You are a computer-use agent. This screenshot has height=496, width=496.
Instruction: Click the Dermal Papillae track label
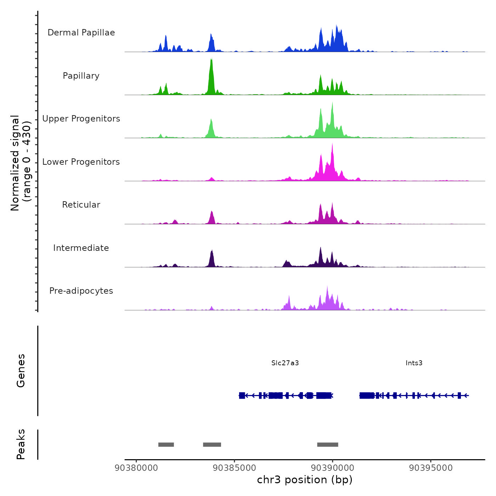[81, 33]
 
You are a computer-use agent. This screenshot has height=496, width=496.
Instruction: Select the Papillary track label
[81, 76]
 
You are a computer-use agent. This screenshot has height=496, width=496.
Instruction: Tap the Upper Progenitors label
[81, 119]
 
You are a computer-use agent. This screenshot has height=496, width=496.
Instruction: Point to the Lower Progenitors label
[81, 162]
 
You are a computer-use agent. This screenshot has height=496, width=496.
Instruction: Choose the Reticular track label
[81, 205]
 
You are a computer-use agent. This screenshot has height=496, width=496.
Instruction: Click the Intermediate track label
[81, 248]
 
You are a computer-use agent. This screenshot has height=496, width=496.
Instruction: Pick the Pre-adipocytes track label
[81, 291]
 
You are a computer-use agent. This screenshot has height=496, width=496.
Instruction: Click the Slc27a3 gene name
[285, 363]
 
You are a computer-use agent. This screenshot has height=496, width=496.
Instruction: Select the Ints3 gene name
[414, 363]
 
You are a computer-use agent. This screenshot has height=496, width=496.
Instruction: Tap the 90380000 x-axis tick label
[136, 468]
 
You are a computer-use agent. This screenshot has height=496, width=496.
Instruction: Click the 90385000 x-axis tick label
[235, 468]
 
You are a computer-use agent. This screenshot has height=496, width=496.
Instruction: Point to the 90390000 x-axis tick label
[333, 468]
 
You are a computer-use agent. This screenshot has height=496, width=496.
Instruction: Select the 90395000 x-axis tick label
[431, 468]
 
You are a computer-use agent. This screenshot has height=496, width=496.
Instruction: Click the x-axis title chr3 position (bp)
[305, 480]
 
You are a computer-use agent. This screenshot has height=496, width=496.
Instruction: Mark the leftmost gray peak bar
[166, 445]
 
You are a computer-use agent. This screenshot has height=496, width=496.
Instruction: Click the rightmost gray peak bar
[328, 445]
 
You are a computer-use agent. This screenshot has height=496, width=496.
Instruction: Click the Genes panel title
[21, 371]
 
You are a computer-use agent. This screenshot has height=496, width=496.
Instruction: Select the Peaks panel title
[21, 444]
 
